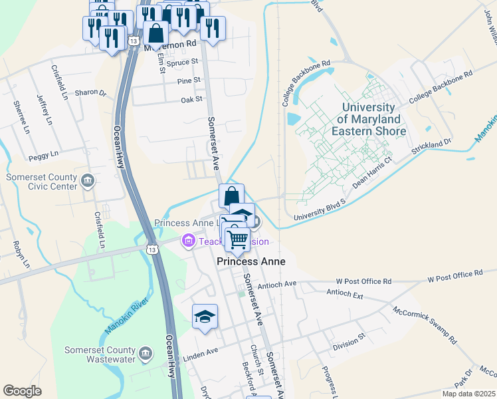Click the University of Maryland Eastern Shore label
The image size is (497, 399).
(x=371, y=119)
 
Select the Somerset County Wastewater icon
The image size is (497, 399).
(x=146, y=352)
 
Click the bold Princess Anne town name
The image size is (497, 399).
(x=251, y=261)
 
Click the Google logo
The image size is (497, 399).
(x=22, y=391)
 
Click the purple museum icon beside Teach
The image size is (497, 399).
(x=189, y=241)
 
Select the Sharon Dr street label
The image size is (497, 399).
(x=90, y=93)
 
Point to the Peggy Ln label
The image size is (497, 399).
(x=44, y=158)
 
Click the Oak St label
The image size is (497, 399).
(x=191, y=100)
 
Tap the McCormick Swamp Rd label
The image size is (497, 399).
(x=425, y=325)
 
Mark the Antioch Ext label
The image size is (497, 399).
(x=345, y=293)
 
